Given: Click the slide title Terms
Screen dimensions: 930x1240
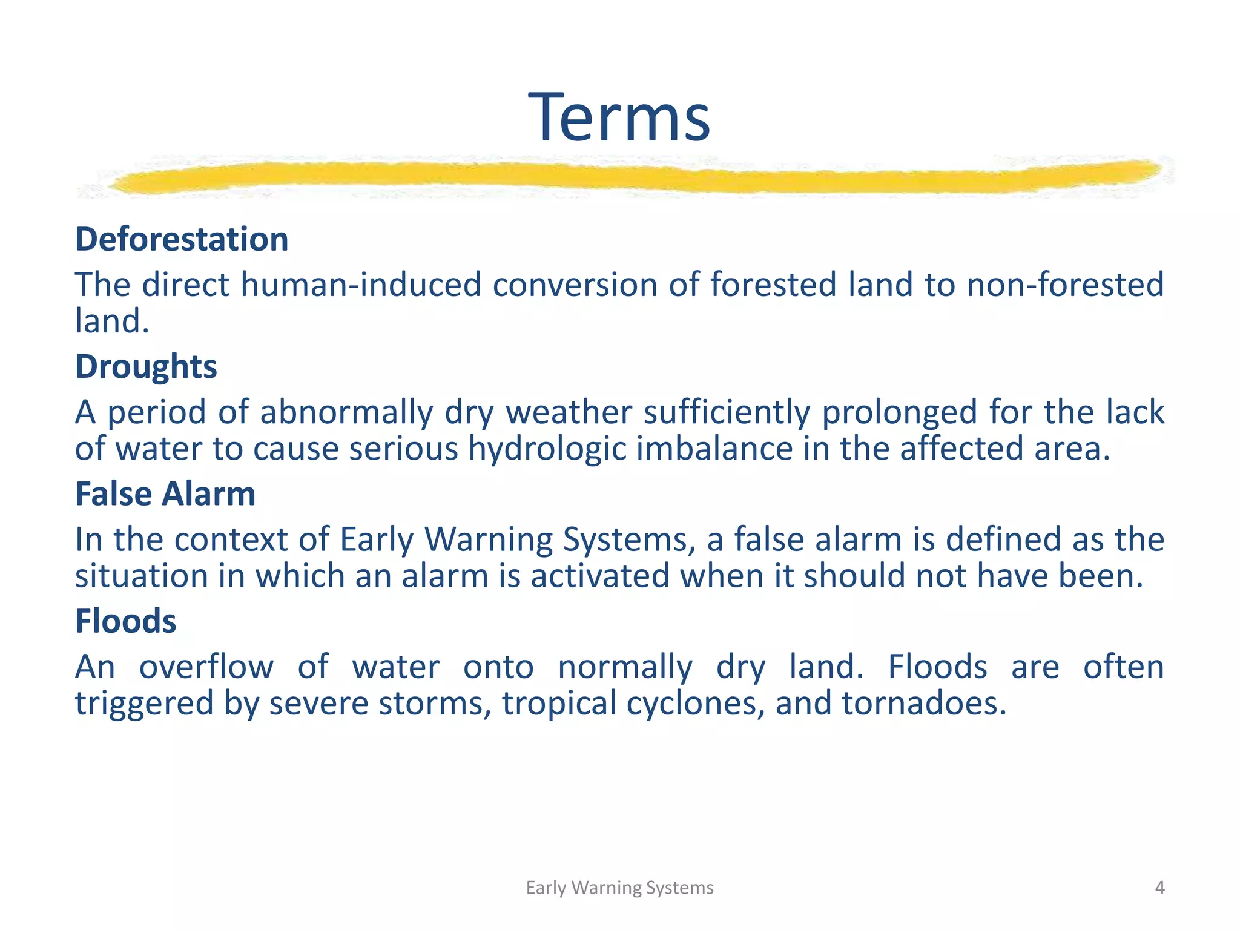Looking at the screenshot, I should [619, 117].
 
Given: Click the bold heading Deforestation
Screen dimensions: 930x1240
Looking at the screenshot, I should [182, 239].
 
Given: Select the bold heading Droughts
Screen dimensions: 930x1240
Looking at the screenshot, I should [146, 367].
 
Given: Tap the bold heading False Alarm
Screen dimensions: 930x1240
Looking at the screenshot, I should [165, 494].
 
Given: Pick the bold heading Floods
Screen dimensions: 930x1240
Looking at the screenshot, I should [126, 621].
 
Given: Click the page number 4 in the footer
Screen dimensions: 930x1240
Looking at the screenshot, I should [1159, 888].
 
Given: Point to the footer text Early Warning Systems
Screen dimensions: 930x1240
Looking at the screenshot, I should [619, 888].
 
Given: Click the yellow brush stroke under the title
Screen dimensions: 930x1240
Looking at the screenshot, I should [630, 177].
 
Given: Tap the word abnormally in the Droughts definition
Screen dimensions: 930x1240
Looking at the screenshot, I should [347, 412].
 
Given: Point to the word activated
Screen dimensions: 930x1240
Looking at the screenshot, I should [600, 576].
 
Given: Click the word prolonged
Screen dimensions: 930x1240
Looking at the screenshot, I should [900, 412].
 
